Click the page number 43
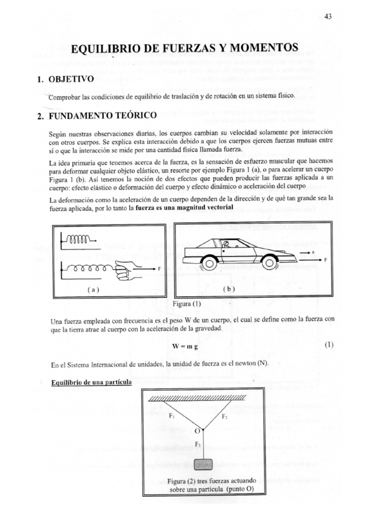328,16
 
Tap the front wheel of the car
269,261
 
